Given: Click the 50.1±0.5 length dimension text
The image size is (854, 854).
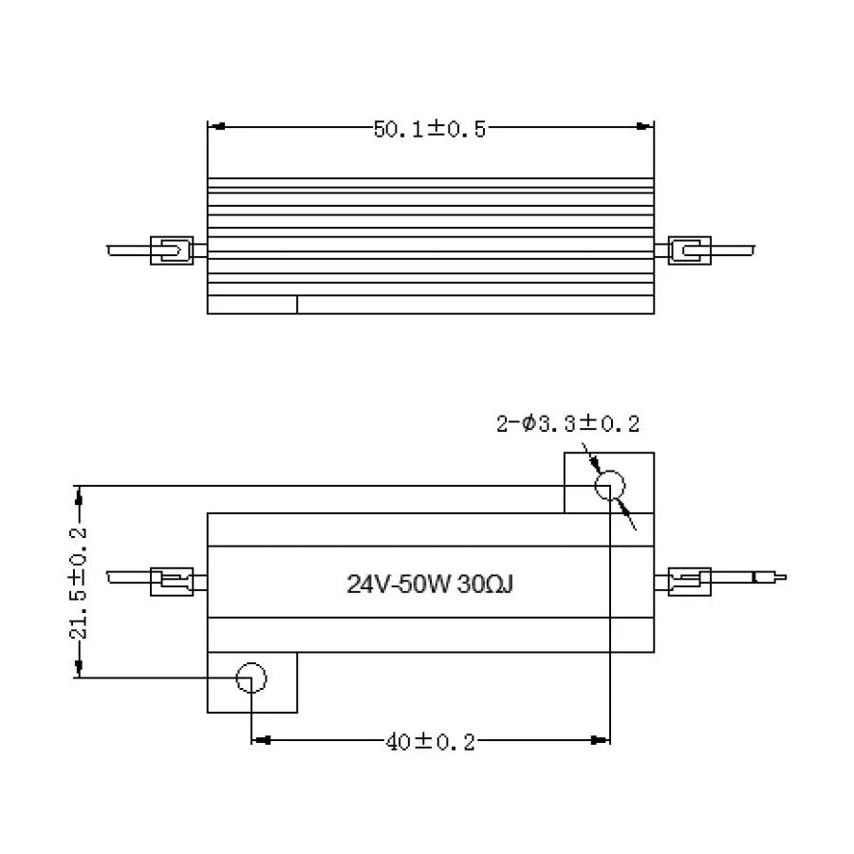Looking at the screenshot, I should pyautogui.click(x=429, y=130).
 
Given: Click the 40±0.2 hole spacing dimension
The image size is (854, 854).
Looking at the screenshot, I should pyautogui.click(x=430, y=742).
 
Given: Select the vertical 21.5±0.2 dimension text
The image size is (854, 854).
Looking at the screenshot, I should pyautogui.click(x=80, y=582).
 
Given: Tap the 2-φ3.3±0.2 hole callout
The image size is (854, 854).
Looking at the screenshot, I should pyautogui.click(x=574, y=424).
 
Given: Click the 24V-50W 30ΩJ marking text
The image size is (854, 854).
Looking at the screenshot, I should pyautogui.click(x=430, y=584).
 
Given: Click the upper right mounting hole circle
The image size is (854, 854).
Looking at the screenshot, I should pyautogui.click(x=609, y=487).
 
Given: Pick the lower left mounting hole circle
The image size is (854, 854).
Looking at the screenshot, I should pyautogui.click(x=251, y=678).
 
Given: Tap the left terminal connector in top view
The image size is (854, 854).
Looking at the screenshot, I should pyautogui.click(x=172, y=251).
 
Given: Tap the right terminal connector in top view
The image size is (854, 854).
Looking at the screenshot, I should pyautogui.click(x=690, y=251).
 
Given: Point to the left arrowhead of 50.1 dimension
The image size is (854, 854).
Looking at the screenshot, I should pyautogui.click(x=214, y=126).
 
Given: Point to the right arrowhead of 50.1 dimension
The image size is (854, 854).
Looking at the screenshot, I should pyautogui.click(x=647, y=126).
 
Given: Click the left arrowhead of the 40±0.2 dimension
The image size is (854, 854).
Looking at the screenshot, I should pyautogui.click(x=259, y=737).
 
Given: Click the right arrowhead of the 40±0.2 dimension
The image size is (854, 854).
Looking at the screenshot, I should pyautogui.click(x=602, y=737).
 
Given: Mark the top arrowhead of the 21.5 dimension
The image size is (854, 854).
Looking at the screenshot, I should pyautogui.click(x=80, y=492).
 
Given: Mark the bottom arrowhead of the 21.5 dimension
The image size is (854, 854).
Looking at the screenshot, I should pyautogui.click(x=80, y=671).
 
